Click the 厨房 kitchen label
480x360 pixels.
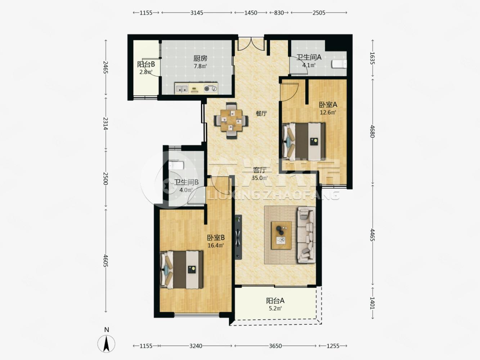coord(200,58)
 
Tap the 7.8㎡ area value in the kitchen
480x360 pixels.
coord(200,66)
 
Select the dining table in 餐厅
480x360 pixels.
coord(232,121)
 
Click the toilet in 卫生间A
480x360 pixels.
coord(339,64)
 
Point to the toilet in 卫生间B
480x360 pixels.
coord(176,166)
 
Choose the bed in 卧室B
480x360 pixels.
coord(181,269)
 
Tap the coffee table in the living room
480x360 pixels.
coord(281,235)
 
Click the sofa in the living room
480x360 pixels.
coord(306,235)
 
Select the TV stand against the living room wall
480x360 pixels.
coord(238,237)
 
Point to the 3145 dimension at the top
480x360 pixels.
coord(197,13)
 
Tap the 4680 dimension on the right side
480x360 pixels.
coord(373,131)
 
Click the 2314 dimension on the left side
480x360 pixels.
coord(106,123)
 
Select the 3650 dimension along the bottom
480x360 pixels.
coord(275,346)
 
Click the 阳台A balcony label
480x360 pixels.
coord(275,301)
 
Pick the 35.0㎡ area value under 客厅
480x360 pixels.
coord(260,178)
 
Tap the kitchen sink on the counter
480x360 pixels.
coord(182,89)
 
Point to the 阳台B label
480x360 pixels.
coord(146,64)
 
